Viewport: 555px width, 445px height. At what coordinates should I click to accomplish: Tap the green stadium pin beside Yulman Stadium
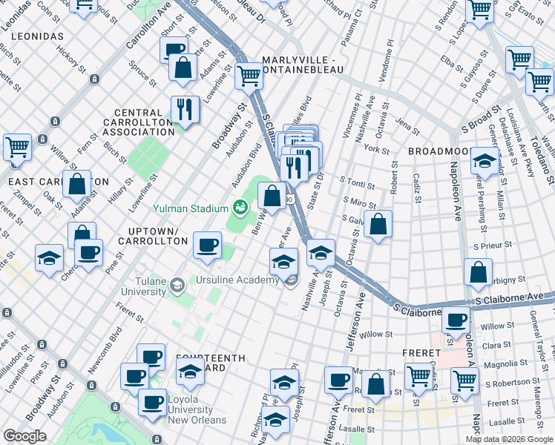[239, 207]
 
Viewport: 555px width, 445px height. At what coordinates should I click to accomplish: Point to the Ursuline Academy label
[239, 280]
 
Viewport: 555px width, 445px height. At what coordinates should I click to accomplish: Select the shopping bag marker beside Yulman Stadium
[272, 197]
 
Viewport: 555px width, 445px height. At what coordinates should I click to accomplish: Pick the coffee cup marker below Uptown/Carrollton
[207, 244]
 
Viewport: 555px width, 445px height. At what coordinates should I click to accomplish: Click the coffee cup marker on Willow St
[456, 320]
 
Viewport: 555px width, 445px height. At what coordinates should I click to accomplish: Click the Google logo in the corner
[25, 436]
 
